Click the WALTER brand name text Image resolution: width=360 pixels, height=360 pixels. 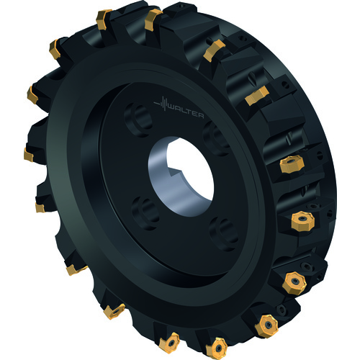pyautogui.click(x=186, y=112)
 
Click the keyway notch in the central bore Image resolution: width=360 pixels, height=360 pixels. pyautogui.click(x=175, y=171)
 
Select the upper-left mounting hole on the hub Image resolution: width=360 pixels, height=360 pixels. pyautogui.click(x=138, y=120)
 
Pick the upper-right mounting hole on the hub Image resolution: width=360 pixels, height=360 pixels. pyautogui.click(x=216, y=138)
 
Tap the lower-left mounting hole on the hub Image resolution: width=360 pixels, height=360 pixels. pyautogui.click(x=145, y=213)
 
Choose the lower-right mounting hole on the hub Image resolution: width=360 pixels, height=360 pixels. pyautogui.click(x=224, y=234)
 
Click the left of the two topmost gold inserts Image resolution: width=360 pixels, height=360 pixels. pyautogui.click(x=103, y=19)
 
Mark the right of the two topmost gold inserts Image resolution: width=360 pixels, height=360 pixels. pyautogui.click(x=152, y=19)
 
